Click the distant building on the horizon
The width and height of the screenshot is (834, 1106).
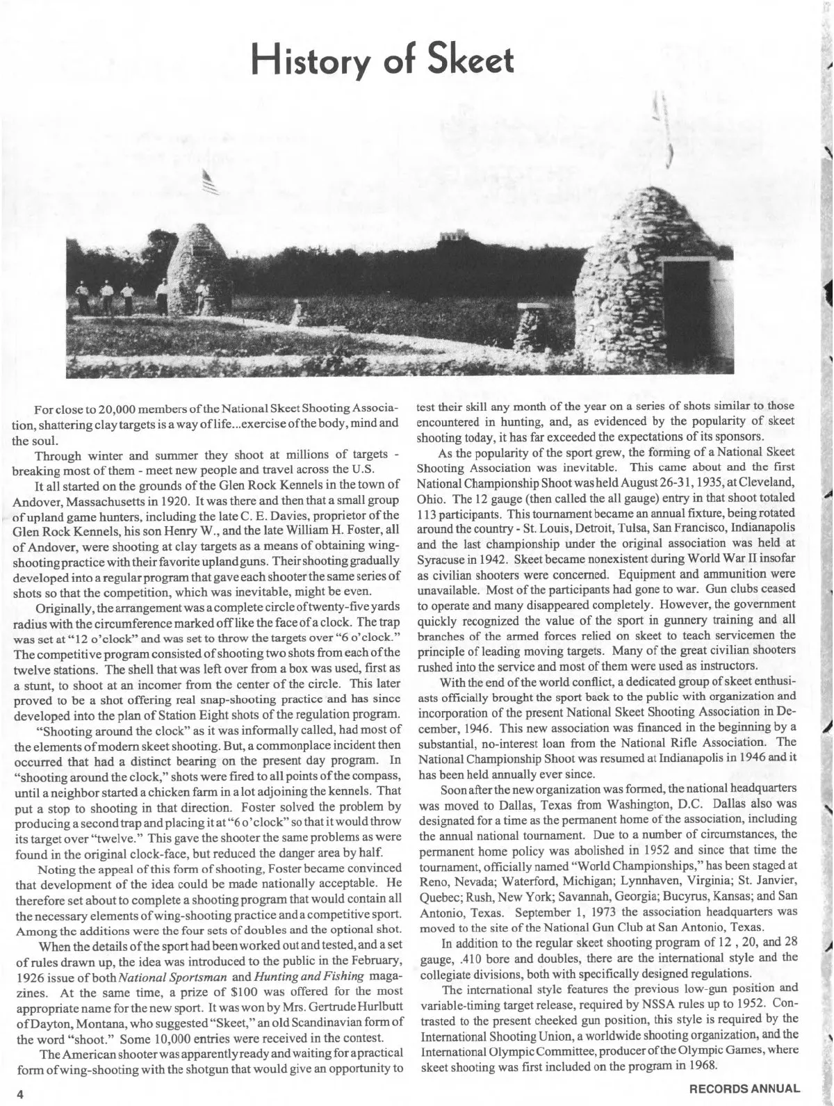click(x=452, y=238)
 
